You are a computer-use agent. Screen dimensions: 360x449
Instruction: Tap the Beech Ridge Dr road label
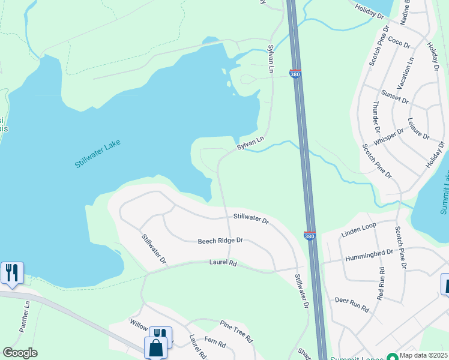tap(220, 241)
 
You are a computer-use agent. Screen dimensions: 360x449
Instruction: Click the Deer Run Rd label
tap(351, 304)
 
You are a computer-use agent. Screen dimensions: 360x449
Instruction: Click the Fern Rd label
tap(214, 344)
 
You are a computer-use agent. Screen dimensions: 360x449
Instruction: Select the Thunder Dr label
tap(377, 122)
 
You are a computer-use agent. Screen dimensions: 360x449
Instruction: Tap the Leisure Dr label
tap(418, 128)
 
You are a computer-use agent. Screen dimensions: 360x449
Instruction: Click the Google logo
tap(20, 353)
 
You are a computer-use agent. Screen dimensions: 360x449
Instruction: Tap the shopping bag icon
tap(155, 347)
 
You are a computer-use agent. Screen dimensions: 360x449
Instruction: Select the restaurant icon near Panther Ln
tap(12, 272)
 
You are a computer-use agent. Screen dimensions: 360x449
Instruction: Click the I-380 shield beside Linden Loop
tap(310, 236)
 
